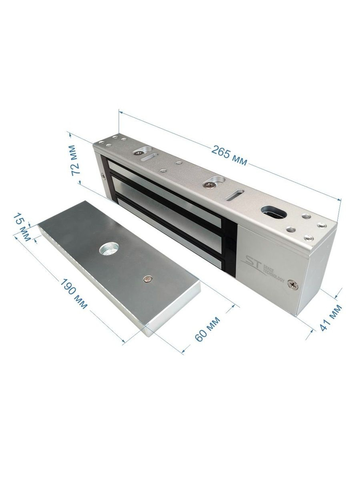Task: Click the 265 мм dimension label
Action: click(x=229, y=156)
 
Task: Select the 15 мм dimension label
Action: click(x=22, y=227)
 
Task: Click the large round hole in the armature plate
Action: click(x=108, y=250)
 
